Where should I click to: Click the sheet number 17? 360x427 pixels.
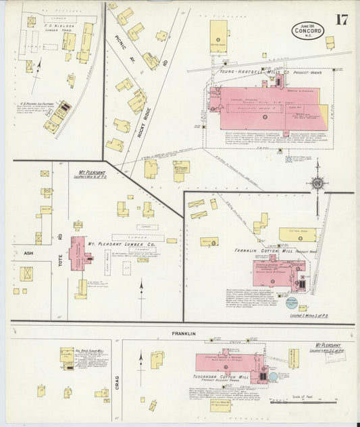pos(342,19)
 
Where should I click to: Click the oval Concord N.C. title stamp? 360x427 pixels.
pos(309,30)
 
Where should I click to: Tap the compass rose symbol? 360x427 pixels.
pos(316,182)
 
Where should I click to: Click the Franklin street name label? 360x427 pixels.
pos(183,334)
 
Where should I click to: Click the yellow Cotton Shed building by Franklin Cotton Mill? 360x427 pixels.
pos(297,234)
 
